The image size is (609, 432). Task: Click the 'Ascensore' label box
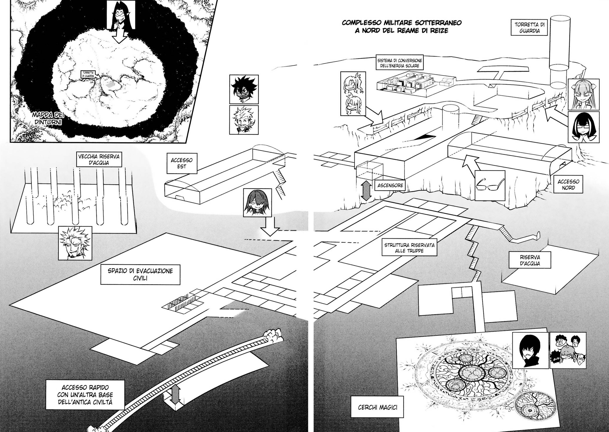click(x=390, y=185)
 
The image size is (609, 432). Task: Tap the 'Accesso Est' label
click(x=182, y=163)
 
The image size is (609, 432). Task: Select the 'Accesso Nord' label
click(x=568, y=184)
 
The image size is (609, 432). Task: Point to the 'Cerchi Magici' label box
click(x=377, y=407)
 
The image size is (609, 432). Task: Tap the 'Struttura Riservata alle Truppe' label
click(x=409, y=248)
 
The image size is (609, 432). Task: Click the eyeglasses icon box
click(x=490, y=185)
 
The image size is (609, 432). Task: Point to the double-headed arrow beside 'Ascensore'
click(x=366, y=191)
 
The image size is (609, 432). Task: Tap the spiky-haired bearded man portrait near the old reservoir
click(x=75, y=243)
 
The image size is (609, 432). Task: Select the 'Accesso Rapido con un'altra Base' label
click(x=85, y=395)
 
